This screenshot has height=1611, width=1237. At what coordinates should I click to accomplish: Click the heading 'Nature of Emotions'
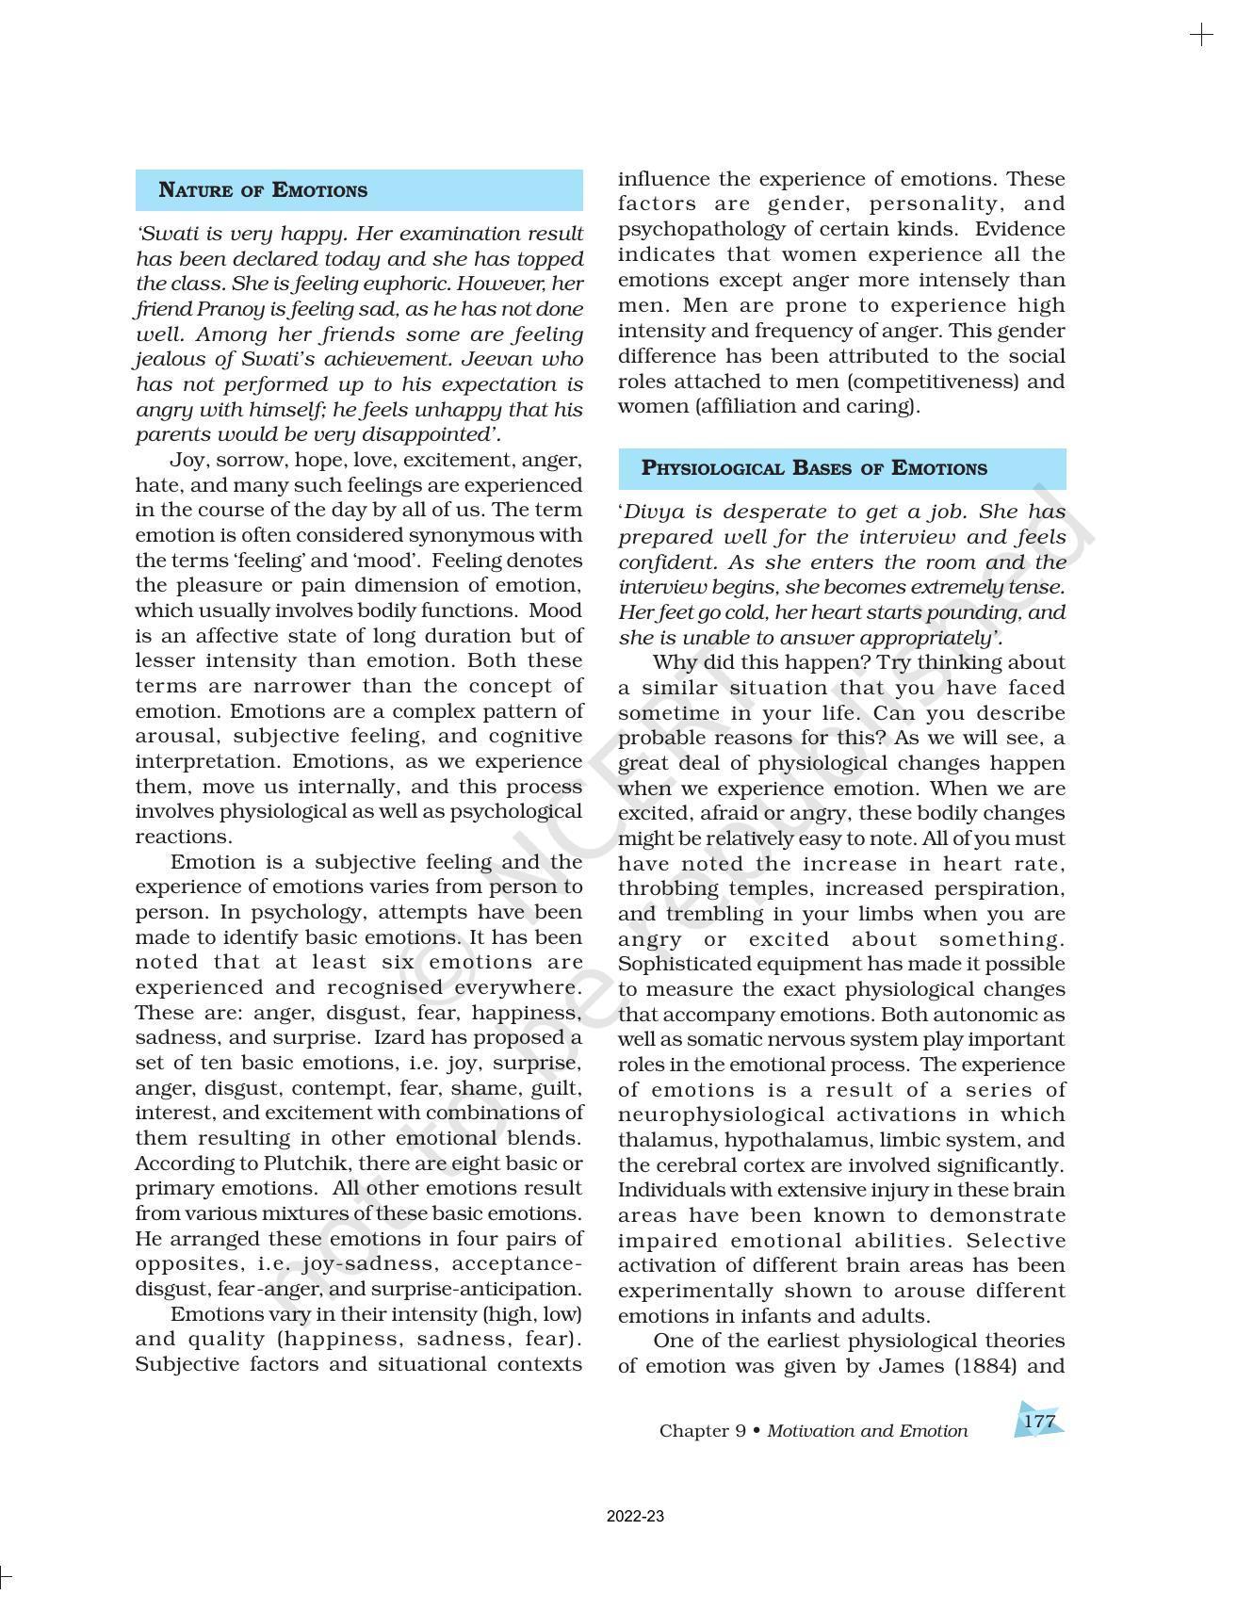pos(263,190)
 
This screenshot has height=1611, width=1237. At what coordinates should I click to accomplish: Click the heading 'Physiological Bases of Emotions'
pos(814,468)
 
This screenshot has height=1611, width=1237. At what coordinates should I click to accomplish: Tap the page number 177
pos(1038,1421)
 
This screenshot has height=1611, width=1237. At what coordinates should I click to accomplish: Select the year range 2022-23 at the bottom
pos(635,1517)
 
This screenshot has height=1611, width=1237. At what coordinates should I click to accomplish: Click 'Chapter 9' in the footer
pos(702,1431)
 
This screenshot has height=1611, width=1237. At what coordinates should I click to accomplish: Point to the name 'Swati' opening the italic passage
pos(171,234)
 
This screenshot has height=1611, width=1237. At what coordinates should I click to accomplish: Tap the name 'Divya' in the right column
pos(651,512)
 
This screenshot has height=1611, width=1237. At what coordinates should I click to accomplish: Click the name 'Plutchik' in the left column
pos(304,1163)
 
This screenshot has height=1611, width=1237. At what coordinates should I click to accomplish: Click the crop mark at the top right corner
pos(1201,36)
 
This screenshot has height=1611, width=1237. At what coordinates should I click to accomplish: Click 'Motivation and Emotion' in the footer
pos(867,1431)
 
